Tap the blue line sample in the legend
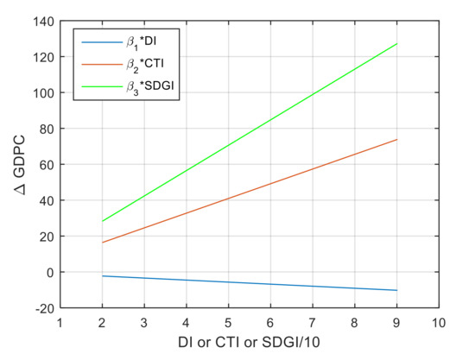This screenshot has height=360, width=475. (x=96, y=41)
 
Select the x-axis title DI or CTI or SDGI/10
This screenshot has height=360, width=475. (x=250, y=344)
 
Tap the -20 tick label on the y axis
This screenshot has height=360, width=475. (x=41, y=307)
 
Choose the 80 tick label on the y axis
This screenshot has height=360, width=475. (x=45, y=129)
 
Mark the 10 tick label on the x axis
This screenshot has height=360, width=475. (x=439, y=322)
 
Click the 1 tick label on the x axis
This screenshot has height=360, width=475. (x=60, y=322)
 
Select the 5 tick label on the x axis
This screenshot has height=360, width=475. (x=228, y=322)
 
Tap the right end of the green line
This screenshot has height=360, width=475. (x=397, y=43)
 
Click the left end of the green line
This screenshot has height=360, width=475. (x=102, y=221)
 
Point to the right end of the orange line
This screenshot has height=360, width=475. (x=397, y=139)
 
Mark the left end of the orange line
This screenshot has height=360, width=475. (x=102, y=243)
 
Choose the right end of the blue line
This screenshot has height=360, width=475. (x=397, y=290)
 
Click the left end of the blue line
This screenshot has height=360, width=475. (x=102, y=275)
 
